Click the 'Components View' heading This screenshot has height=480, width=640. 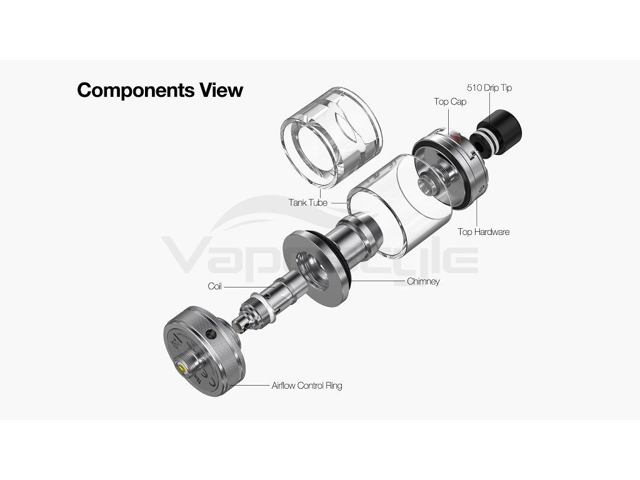click(160, 90)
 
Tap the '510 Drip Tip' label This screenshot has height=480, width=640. click(489, 88)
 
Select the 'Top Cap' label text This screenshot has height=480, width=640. click(450, 101)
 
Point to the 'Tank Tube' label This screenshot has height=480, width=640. click(308, 202)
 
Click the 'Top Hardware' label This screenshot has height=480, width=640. click(483, 232)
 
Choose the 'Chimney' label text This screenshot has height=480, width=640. click(423, 281)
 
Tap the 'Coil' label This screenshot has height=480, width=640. click(215, 286)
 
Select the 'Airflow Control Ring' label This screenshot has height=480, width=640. click(307, 386)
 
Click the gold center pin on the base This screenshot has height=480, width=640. click(182, 369)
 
